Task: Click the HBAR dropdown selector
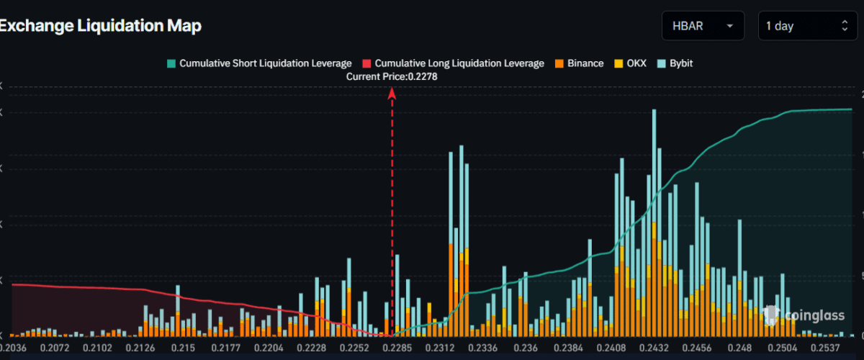coord(703,26)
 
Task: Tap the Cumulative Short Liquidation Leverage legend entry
coord(259,63)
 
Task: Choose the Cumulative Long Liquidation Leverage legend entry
coord(454,63)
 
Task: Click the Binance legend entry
coord(579,63)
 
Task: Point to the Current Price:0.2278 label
coord(392,76)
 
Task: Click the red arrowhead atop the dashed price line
coord(392,92)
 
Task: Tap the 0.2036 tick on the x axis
coord(13,348)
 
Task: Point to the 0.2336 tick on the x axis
coord(472,348)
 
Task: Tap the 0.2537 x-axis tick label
coord(834,348)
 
